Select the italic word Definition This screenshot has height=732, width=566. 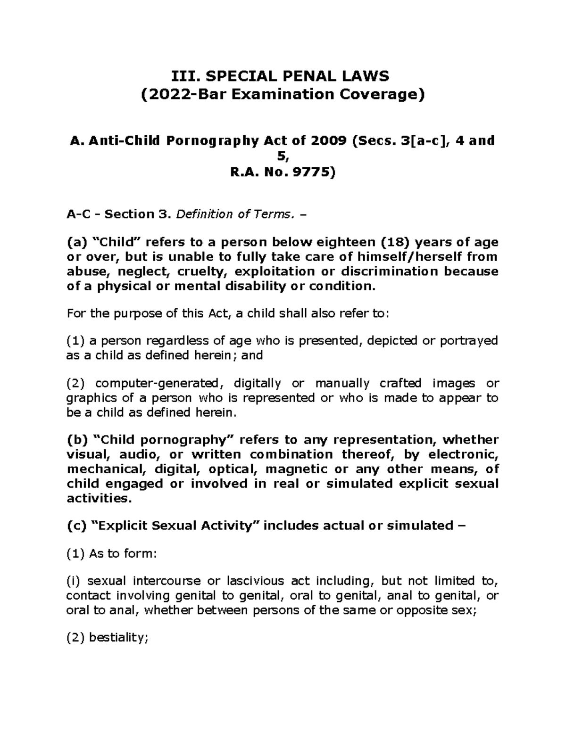click(204, 214)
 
